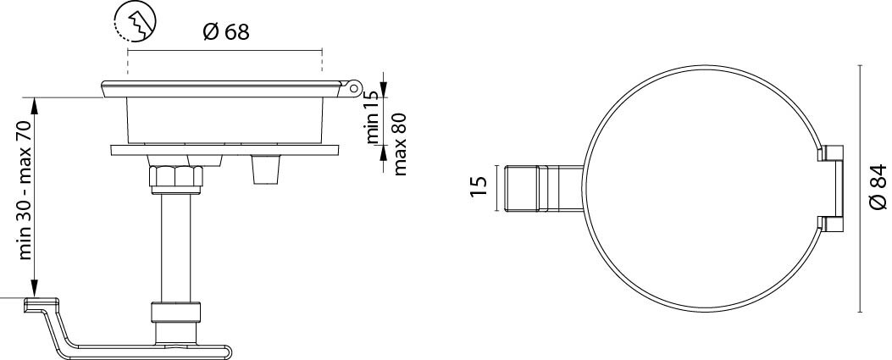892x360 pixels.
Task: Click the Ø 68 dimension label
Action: click(226, 32)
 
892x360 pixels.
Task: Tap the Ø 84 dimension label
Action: click(878, 186)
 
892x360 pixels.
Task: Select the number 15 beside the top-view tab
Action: click(479, 186)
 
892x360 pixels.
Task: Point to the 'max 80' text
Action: click(400, 144)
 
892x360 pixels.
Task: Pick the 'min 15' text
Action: click(373, 118)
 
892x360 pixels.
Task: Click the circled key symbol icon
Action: click(135, 22)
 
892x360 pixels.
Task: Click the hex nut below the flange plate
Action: click(176, 175)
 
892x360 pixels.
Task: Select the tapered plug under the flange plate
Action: click(266, 169)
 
